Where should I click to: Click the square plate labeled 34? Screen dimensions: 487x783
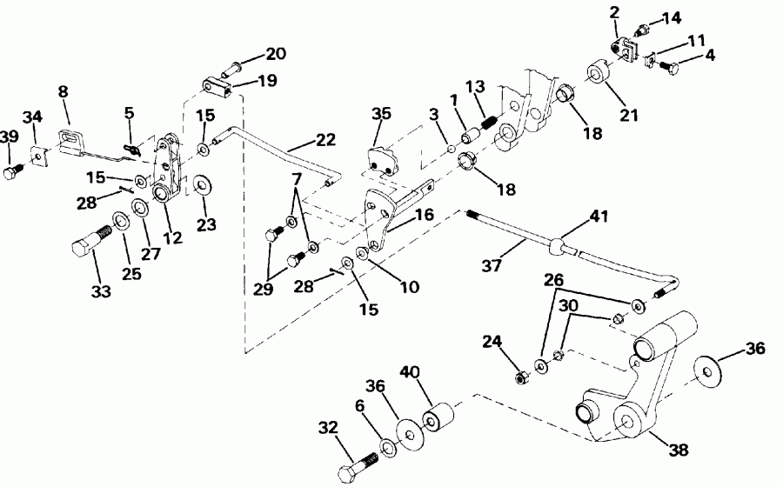[37, 157]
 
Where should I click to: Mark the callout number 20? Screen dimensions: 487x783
[276, 54]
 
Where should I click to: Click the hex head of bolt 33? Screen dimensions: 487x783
[79, 253]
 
